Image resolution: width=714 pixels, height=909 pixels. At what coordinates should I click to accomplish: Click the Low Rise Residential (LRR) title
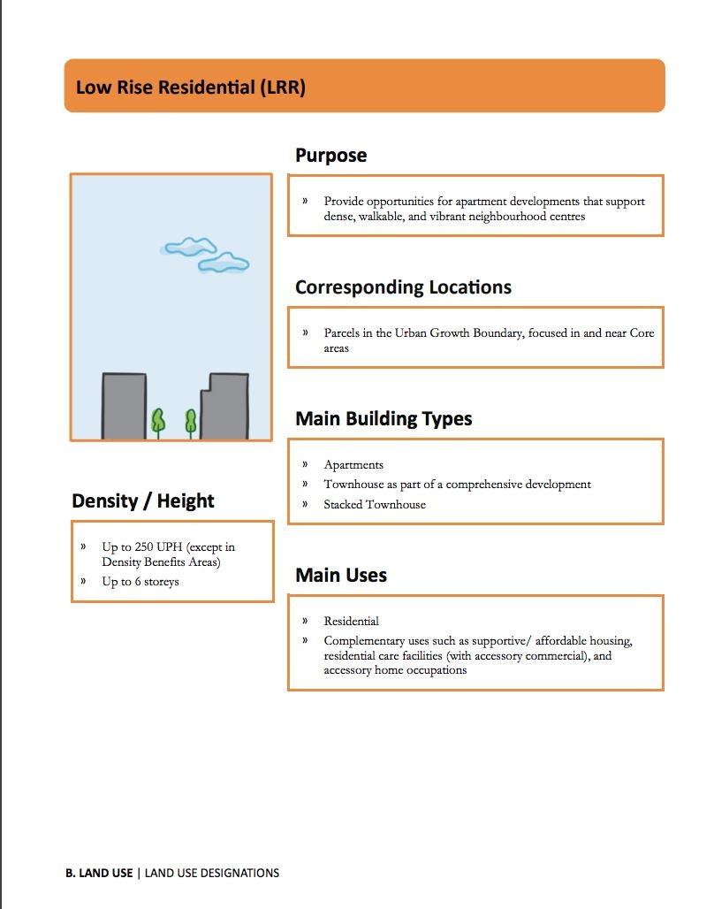tap(191, 88)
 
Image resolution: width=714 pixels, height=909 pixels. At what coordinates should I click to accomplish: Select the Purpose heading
tap(330, 156)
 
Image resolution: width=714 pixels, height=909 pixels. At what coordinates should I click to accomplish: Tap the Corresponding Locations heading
tap(403, 287)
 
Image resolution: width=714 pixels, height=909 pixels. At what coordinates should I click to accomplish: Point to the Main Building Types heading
tap(384, 419)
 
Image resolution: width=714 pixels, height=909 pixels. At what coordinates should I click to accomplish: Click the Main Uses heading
tap(341, 576)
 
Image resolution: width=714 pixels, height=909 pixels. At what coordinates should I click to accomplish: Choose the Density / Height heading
tap(143, 501)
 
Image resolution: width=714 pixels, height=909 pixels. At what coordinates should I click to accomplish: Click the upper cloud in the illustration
tap(190, 247)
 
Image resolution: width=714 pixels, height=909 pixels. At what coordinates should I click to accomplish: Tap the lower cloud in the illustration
tap(224, 263)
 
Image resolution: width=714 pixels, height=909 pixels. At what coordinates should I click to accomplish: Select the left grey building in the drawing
tap(124, 406)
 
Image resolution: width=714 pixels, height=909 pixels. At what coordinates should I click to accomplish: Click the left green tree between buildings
tap(158, 422)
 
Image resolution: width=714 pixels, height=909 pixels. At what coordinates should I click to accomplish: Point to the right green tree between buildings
tap(190, 422)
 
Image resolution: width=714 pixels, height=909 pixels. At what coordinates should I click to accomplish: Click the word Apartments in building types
tap(353, 465)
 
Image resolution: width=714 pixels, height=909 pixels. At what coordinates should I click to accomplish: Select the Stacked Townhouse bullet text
tap(375, 505)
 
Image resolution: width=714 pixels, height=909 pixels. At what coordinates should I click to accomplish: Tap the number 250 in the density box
tap(145, 547)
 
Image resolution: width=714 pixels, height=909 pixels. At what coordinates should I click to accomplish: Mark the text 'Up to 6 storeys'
tap(141, 582)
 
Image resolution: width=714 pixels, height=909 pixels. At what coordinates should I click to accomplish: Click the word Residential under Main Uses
tap(351, 622)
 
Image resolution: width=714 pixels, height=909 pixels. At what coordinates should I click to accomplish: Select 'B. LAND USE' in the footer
tap(99, 874)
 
